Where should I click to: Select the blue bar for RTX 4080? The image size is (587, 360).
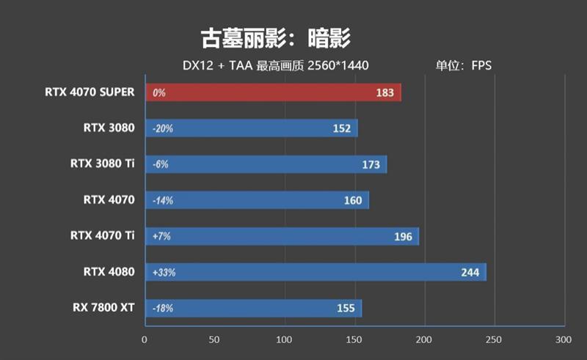(x=316, y=273)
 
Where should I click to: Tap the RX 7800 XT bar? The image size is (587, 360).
(x=253, y=309)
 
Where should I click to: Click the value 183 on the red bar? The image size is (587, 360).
(x=384, y=93)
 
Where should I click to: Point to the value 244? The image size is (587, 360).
(x=470, y=273)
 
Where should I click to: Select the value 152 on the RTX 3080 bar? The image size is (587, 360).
(x=341, y=129)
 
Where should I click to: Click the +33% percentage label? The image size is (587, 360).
(x=164, y=273)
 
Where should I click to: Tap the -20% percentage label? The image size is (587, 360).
(x=162, y=129)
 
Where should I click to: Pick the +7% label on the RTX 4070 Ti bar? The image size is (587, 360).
(x=161, y=237)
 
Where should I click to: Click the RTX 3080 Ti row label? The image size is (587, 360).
(x=103, y=164)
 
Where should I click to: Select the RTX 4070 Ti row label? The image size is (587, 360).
(x=103, y=235)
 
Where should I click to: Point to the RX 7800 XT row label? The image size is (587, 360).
(x=103, y=307)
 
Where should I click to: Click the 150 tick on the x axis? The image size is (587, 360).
(x=354, y=339)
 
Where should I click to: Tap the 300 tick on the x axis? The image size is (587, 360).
(x=563, y=339)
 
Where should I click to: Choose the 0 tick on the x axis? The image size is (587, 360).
(x=145, y=339)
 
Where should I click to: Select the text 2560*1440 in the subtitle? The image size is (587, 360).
(x=339, y=66)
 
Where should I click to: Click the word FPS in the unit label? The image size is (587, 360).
(x=482, y=66)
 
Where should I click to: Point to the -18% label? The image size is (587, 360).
(x=162, y=309)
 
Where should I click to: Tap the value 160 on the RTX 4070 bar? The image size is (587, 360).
(x=352, y=201)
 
